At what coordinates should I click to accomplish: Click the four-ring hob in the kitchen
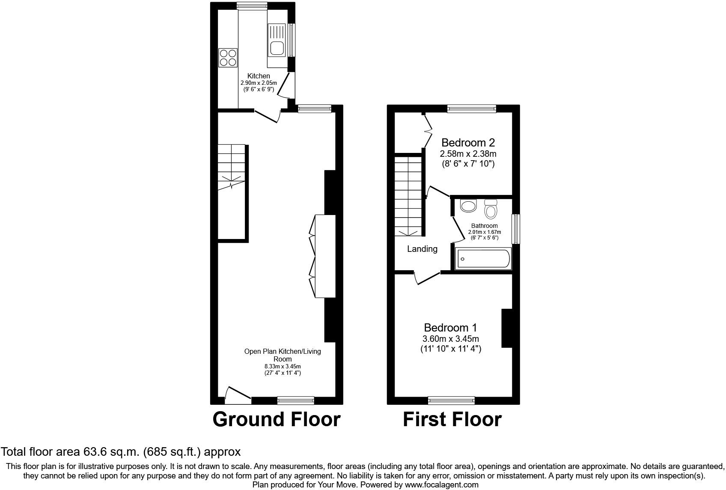click(x=228, y=58)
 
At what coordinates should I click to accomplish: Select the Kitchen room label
click(x=259, y=76)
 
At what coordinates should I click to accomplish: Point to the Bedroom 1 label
click(x=450, y=328)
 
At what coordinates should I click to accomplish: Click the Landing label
click(x=422, y=249)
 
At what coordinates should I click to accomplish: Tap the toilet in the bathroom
click(x=491, y=209)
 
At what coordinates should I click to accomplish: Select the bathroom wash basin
click(x=468, y=206)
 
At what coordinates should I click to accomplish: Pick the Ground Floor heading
click(x=277, y=419)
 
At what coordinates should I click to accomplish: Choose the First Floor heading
click(x=452, y=419)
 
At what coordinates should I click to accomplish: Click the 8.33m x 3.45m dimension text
click(x=283, y=366)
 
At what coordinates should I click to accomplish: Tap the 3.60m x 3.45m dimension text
click(x=450, y=339)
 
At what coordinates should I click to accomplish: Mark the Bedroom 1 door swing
click(x=426, y=278)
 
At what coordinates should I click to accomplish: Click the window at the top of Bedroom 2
click(x=471, y=109)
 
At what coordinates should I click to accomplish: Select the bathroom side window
click(x=516, y=228)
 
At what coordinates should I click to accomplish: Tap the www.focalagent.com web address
click(x=441, y=485)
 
